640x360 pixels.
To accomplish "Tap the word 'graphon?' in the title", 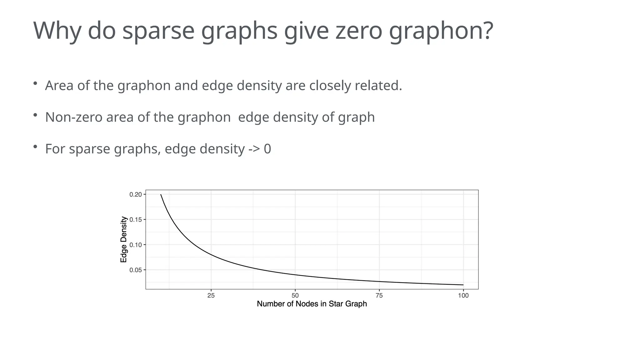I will click(x=441, y=31).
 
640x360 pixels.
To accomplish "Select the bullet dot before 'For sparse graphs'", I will click(x=35, y=147).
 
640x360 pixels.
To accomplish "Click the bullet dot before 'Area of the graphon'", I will click(x=35, y=83).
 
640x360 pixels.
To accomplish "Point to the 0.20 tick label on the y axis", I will click(x=136, y=194).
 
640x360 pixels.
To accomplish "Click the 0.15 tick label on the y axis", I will click(x=136, y=220).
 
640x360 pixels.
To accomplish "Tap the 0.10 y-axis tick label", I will click(x=136, y=245).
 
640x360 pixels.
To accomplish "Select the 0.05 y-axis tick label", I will click(x=136, y=270).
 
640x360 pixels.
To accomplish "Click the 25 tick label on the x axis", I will click(x=211, y=296).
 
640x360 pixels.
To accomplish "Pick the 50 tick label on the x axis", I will click(x=295, y=296).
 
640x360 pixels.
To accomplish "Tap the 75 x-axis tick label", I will click(x=379, y=296).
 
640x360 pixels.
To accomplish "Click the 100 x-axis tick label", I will click(x=463, y=296).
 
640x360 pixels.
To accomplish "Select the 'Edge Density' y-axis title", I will click(x=124, y=239).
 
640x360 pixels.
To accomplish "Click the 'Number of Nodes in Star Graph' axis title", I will click(x=312, y=304).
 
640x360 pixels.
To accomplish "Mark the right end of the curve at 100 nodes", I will click(x=463, y=285).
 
